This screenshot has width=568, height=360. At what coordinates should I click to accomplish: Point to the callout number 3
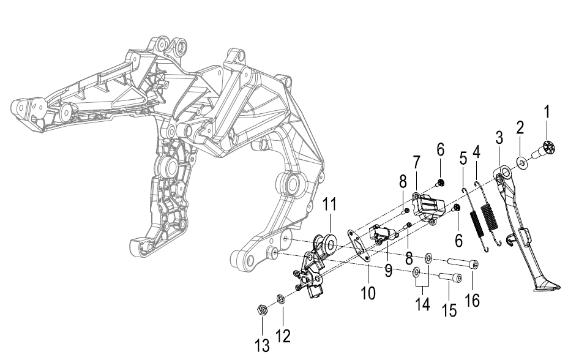(499, 138)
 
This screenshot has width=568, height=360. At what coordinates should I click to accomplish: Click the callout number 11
(330, 204)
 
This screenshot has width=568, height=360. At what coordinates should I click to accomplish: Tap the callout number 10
(368, 293)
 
